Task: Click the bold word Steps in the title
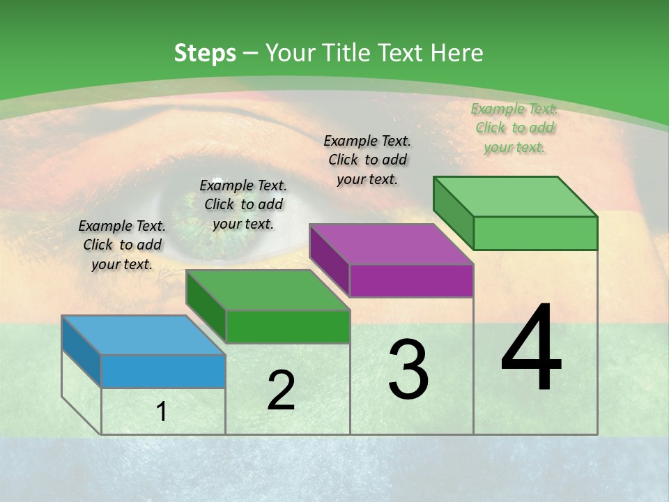pos(205,53)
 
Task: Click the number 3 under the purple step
pos(408,370)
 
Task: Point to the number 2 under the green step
pos(281,390)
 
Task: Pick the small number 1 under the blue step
pos(162,412)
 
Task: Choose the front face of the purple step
pos(411,281)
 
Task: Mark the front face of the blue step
pos(163,371)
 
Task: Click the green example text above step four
pos(514,128)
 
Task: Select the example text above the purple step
pos(367,160)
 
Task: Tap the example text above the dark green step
pos(243,204)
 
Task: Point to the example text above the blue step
pos(122,245)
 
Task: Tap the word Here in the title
pos(458,53)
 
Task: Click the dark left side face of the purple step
pos(329,260)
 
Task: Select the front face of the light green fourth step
pos(535,233)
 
